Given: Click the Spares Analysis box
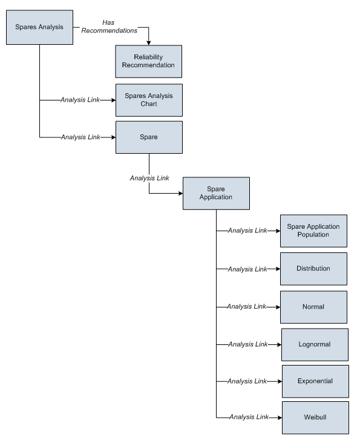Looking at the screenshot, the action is point(39,27).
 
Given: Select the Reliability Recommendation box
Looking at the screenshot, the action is point(148,61).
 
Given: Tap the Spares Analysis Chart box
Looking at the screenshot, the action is point(149,100).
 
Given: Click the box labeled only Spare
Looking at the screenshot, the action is point(149,137).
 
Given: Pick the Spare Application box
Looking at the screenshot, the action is point(216,193).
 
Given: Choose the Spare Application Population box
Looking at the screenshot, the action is point(313,231).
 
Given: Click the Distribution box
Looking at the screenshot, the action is point(313,269).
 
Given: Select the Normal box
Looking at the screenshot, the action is point(313,307).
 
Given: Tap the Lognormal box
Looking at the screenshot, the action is point(315,345).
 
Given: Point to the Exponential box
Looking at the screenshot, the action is point(315,381).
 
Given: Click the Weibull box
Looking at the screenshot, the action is point(315,418).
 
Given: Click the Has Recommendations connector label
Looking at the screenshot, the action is point(110,27).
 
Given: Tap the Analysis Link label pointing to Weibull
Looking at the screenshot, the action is point(249,417).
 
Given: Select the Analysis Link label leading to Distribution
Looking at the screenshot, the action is point(247,269).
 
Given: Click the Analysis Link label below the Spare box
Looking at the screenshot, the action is point(149,179).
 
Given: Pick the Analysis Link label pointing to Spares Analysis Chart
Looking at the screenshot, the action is point(80,100).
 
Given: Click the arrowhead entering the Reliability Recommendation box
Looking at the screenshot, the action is point(148,43).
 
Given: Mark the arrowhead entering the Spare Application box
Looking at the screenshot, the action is point(181,193).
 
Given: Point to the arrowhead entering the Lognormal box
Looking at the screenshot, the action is point(280,345).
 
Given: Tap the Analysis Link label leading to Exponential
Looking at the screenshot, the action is point(247,381).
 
